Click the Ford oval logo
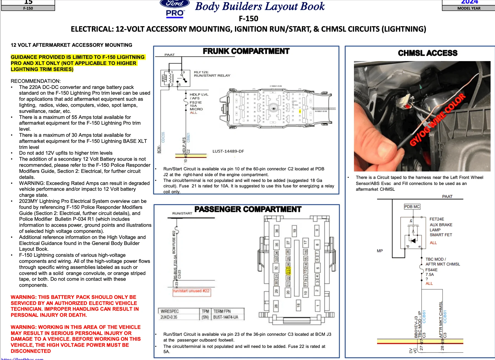click(x=175, y=4)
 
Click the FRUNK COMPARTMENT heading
click(x=246, y=51)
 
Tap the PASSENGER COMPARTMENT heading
click(x=248, y=209)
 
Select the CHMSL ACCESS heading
click(x=428, y=53)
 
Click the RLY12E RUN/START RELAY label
click(x=212, y=74)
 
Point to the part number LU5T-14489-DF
click(x=228, y=151)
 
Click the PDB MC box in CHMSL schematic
click(x=412, y=207)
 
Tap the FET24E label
click(x=437, y=219)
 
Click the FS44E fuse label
click(x=431, y=270)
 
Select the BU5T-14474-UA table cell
click(x=226, y=317)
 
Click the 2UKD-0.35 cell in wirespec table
click(x=169, y=317)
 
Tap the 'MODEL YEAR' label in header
click(x=469, y=8)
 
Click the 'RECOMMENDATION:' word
click(x=36, y=81)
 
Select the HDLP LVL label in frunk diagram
click(x=199, y=94)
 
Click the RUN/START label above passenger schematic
click(x=182, y=213)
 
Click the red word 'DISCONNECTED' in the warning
click(x=31, y=351)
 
